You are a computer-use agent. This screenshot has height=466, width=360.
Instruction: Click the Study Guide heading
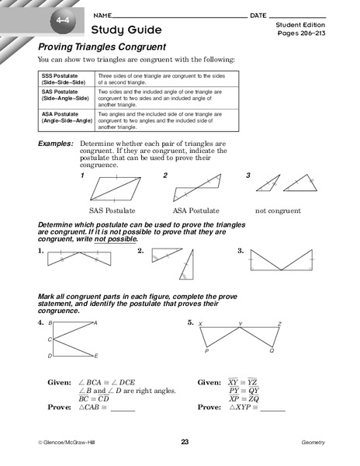(x=126, y=30)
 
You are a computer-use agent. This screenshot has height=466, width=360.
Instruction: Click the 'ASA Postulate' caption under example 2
(x=195, y=210)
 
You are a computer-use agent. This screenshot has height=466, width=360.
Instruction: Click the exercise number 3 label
(x=241, y=251)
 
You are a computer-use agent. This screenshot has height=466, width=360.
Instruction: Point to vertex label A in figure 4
(x=95, y=322)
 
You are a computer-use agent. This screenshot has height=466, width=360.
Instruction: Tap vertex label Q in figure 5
(x=272, y=351)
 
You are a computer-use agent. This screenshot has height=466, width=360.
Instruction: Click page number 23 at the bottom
(x=185, y=442)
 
